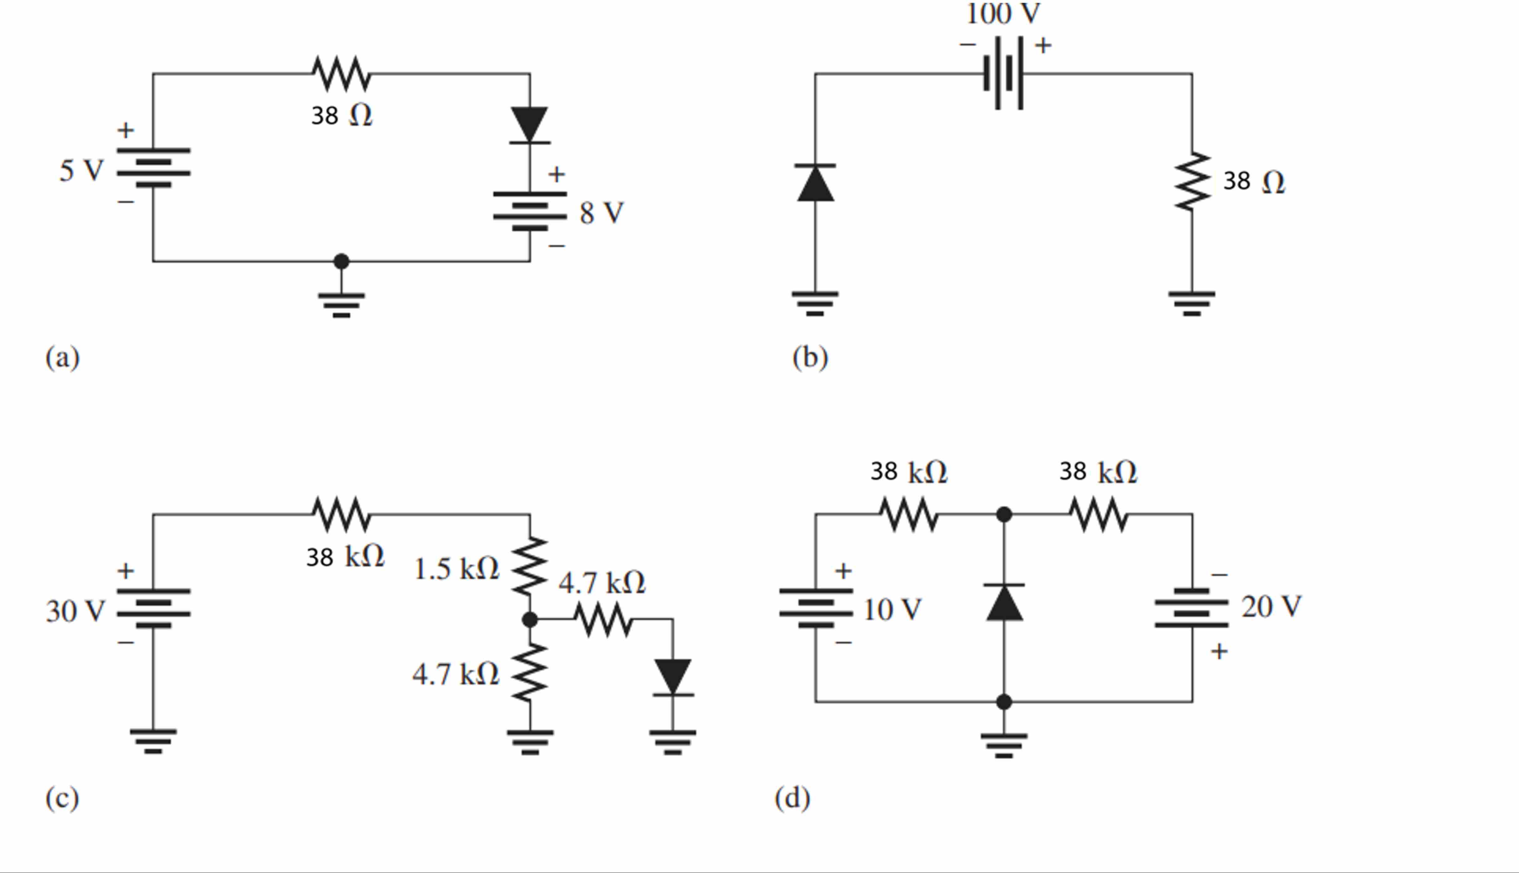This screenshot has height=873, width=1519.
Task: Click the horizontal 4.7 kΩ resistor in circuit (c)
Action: (603, 619)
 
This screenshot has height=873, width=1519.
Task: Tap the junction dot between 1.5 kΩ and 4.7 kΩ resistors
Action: (530, 619)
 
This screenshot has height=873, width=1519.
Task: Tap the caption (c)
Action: (62, 798)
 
